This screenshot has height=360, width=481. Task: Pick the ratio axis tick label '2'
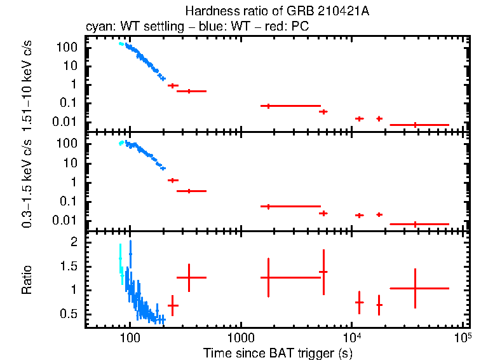pos(74,242)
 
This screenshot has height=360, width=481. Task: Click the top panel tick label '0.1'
pos(69,103)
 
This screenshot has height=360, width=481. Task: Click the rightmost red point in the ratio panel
pos(415,288)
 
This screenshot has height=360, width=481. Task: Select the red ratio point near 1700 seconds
pos(269,277)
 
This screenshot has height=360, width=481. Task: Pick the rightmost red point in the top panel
pos(415,125)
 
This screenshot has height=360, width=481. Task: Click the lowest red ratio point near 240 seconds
pos(172,305)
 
